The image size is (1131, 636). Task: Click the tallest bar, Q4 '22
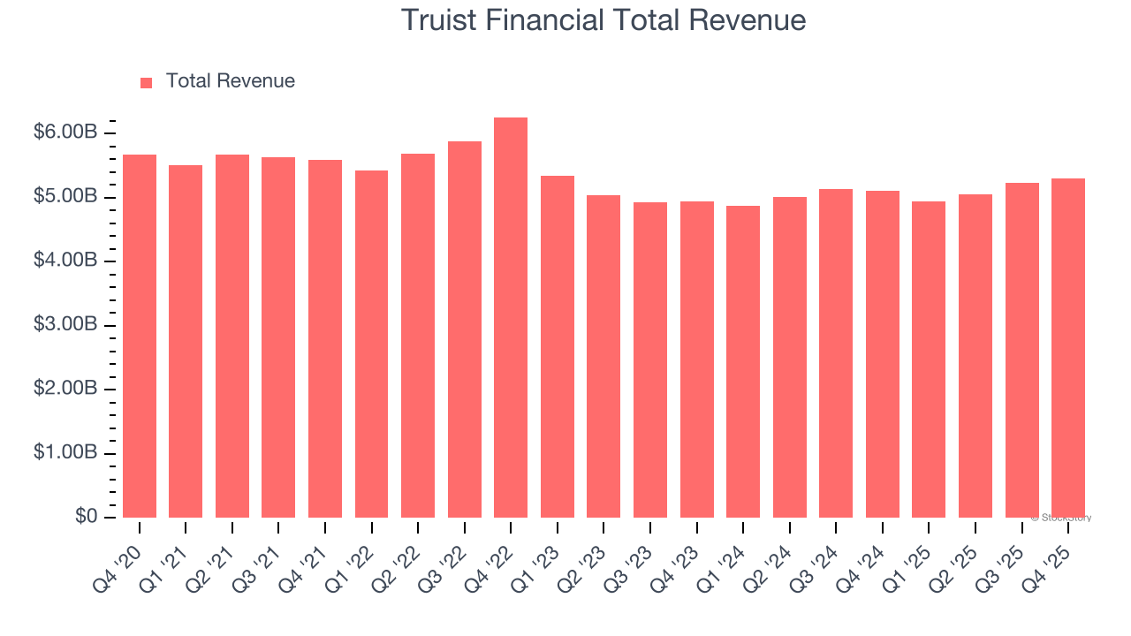511,318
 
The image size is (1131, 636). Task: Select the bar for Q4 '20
140,336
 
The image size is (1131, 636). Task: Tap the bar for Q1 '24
743,362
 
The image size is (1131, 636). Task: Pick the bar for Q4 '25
1068,348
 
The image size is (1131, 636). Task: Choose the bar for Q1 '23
558,346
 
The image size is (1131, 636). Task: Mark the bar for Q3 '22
465,329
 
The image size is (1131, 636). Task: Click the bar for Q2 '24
790,358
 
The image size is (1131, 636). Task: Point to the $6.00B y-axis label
65,132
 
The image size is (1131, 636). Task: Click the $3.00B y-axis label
65,325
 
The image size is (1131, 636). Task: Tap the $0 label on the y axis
85,517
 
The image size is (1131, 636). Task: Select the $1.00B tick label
65,453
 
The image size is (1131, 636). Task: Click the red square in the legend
147,82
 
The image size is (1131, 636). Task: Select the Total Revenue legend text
230,81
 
